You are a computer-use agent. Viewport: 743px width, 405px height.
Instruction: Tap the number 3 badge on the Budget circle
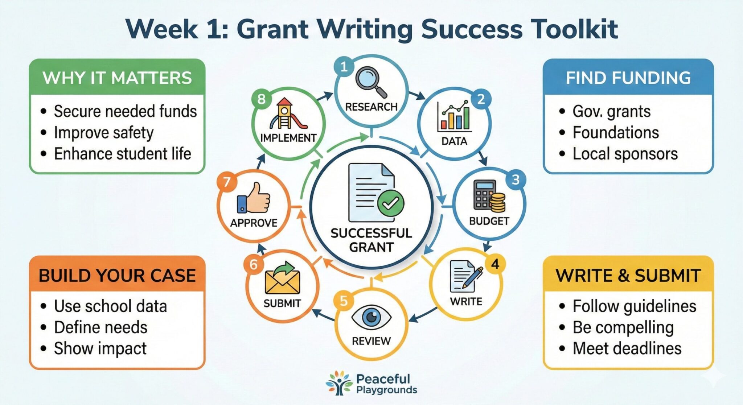pyautogui.click(x=515, y=179)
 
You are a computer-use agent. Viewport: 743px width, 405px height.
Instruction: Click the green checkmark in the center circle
pyautogui.click(x=390, y=203)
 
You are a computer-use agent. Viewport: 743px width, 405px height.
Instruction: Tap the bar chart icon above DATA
pyautogui.click(x=455, y=116)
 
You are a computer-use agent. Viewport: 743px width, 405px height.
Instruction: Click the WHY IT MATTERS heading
pyautogui.click(x=117, y=78)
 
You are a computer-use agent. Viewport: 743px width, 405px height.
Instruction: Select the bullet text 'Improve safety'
pyautogui.click(x=104, y=133)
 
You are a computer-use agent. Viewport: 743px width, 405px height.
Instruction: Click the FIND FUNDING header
pyautogui.click(x=628, y=78)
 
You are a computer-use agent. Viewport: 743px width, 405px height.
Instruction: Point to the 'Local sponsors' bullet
pyautogui.click(x=625, y=154)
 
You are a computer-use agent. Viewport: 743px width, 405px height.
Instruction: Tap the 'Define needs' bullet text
pyautogui.click(x=101, y=327)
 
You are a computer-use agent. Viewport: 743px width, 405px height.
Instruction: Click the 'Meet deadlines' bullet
pyautogui.click(x=627, y=348)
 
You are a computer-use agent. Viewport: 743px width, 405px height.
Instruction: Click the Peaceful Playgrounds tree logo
pyautogui.click(x=339, y=383)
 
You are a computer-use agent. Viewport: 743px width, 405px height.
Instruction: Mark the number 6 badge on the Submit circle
pyautogui.click(x=253, y=265)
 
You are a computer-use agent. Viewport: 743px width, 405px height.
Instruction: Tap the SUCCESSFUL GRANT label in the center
pyautogui.click(x=371, y=240)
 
